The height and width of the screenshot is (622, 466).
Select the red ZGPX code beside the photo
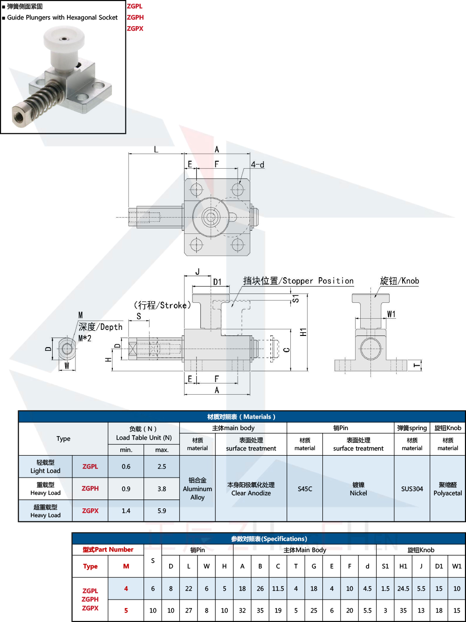coord(135,28)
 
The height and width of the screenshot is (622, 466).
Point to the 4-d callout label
coord(257,164)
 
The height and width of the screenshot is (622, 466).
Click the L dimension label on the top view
coord(156,150)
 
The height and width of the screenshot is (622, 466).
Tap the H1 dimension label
coord(303,332)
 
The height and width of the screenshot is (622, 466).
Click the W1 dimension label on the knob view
coord(391,314)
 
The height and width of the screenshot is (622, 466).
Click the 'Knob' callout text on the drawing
coord(399,281)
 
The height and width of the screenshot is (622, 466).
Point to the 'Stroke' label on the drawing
coord(163,305)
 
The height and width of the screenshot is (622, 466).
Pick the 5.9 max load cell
coord(162,511)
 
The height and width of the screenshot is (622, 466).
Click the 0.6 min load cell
coord(126,466)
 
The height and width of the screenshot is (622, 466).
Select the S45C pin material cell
coord(305,489)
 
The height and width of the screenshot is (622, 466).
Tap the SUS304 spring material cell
coord(412,489)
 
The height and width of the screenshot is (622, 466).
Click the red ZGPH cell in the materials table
coord(90,488)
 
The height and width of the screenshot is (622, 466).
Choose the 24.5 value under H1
coord(403,588)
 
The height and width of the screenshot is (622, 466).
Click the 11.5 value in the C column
coord(278,588)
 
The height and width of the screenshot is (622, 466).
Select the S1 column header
coord(385,566)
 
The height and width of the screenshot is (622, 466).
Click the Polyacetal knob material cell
coord(447,489)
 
